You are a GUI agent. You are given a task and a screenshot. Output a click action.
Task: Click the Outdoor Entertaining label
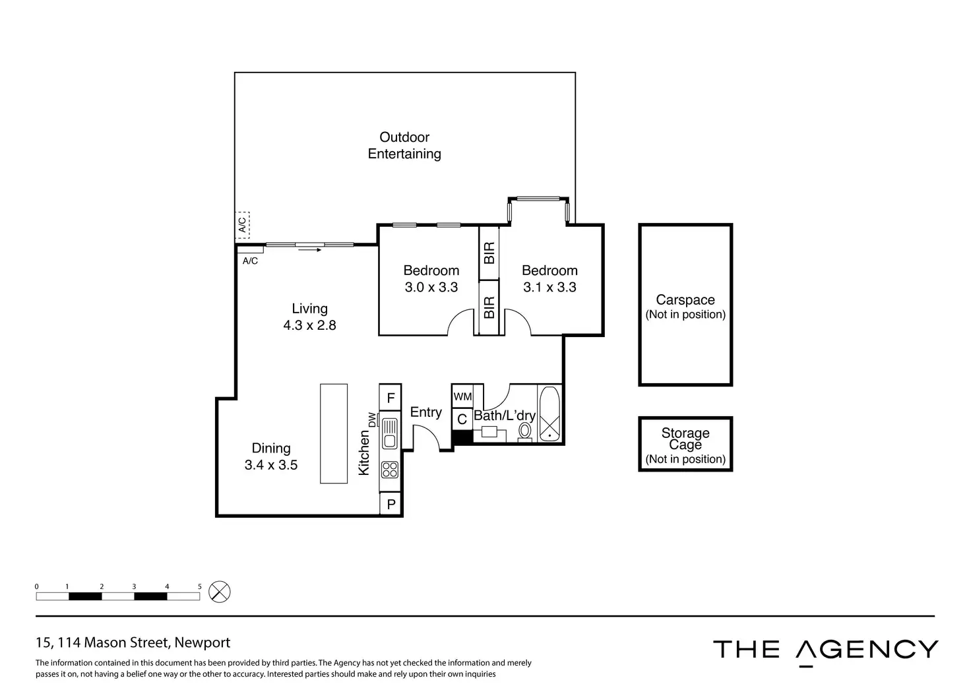tap(404, 145)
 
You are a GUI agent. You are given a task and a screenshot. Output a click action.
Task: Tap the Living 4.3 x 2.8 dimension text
tap(309, 325)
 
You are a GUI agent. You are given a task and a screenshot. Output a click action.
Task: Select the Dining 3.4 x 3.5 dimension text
tap(271, 465)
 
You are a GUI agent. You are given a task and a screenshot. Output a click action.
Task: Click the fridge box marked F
tap(390, 397)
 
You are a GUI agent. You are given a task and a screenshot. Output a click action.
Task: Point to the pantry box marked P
tap(391, 503)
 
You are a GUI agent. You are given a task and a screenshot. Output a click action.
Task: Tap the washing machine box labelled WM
tap(462, 396)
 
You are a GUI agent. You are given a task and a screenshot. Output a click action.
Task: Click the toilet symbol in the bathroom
tap(524, 432)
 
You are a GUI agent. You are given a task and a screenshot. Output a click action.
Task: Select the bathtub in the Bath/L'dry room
tap(549, 414)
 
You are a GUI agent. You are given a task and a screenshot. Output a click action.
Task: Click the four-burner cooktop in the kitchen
tap(390, 470)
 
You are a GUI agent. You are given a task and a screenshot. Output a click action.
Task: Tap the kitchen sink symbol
tap(390, 433)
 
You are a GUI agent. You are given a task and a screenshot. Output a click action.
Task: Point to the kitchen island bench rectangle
tap(334, 433)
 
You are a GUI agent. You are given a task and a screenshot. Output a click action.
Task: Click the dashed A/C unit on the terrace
tap(242, 225)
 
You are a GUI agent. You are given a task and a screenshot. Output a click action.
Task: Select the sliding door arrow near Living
tap(309, 250)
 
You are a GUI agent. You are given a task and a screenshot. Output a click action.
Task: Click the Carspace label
tap(685, 299)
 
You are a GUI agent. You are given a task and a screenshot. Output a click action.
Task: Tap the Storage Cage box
tap(685, 444)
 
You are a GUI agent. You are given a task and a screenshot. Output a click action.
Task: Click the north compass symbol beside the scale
tap(220, 592)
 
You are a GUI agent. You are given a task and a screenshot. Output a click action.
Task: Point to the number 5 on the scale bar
tap(199, 586)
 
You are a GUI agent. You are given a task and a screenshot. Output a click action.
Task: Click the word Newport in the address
tap(202, 642)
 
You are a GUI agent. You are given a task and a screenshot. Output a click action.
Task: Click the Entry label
tap(425, 412)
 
